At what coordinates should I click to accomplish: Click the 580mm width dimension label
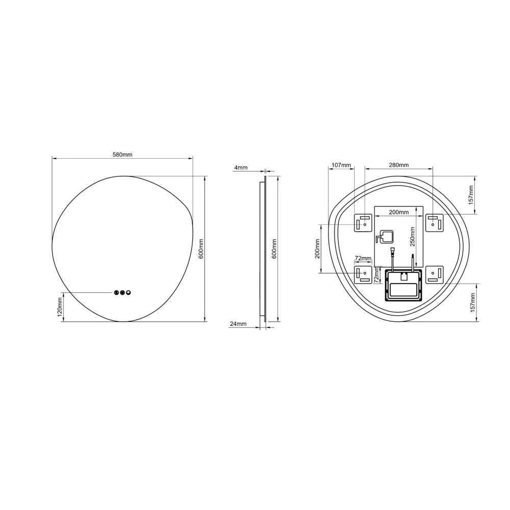122,155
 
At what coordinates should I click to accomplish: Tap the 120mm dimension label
60,307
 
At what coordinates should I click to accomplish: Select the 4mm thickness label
241,167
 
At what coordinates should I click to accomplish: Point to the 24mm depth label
238,324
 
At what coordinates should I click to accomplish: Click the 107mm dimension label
341,165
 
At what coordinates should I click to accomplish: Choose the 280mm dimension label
399,165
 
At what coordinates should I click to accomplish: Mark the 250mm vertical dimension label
413,235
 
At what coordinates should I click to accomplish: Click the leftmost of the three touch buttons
116,293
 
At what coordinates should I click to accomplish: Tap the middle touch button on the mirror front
122,293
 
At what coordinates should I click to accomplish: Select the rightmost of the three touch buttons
129,293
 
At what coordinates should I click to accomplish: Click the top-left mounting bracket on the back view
364,223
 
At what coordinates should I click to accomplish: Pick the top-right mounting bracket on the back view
435,223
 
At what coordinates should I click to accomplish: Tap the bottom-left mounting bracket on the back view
364,274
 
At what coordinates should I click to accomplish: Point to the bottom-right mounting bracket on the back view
435,274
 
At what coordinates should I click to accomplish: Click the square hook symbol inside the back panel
384,238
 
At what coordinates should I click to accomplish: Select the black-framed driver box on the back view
403,286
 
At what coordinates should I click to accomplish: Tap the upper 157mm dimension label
471,194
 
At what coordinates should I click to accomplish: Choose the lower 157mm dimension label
471,302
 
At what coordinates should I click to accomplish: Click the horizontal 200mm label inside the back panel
399,212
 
